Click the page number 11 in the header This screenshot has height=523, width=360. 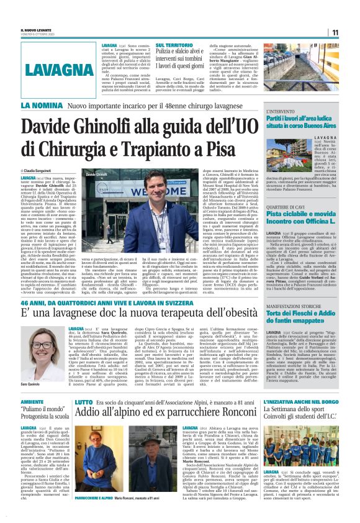click(x=352, y=32)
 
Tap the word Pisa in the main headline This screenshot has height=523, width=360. click(x=218, y=149)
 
